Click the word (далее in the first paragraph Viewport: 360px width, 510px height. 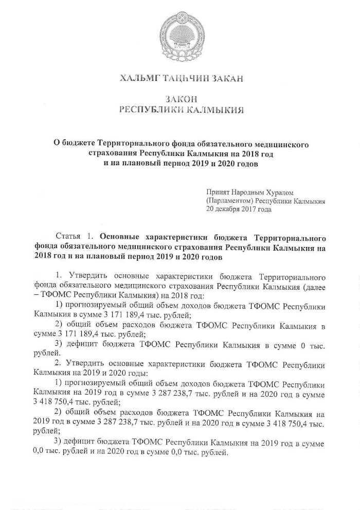[314, 288]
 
